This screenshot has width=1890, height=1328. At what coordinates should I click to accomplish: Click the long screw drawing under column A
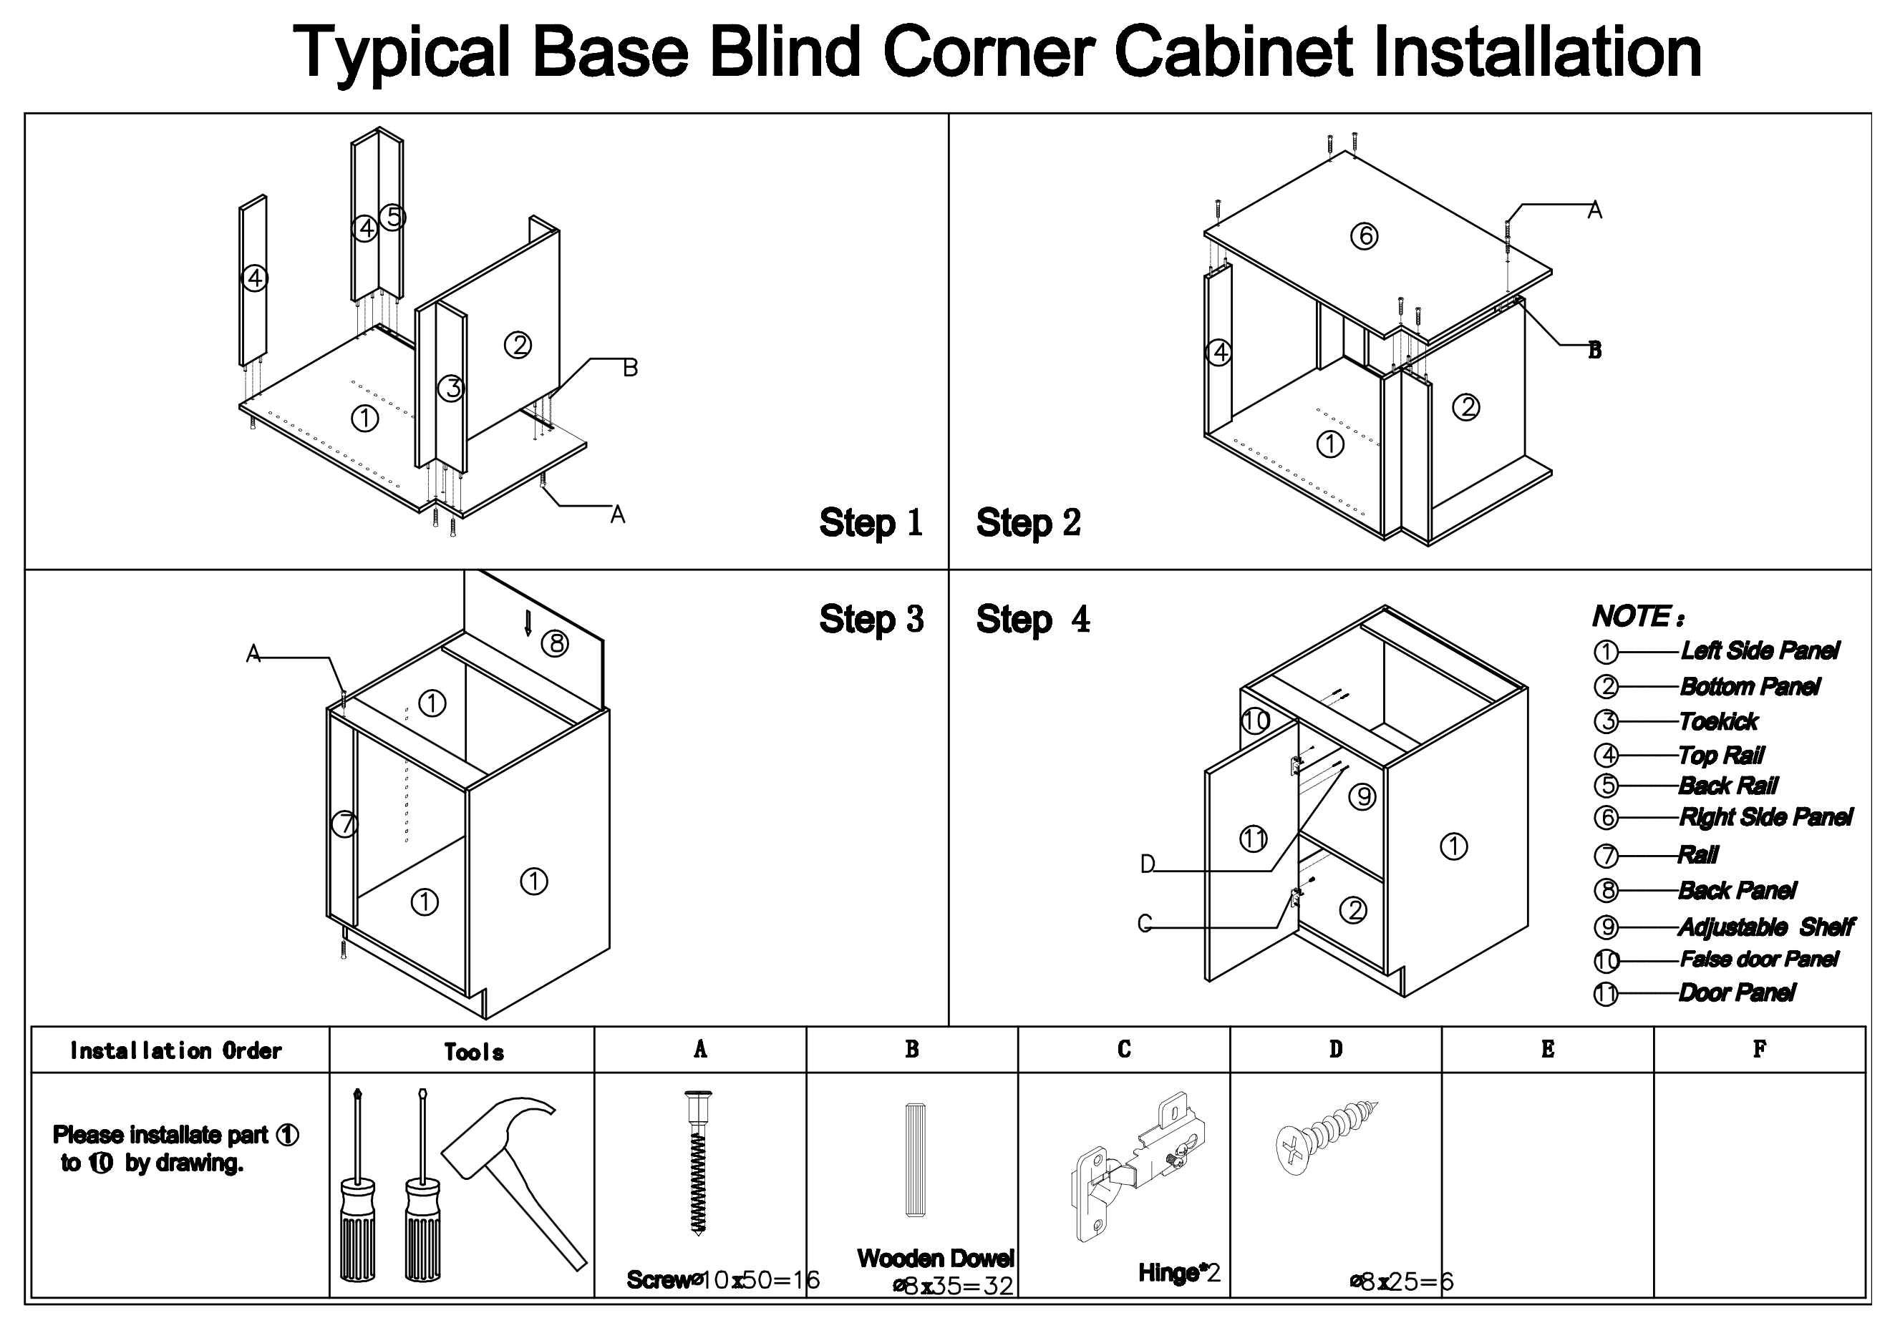pyautogui.click(x=698, y=1160)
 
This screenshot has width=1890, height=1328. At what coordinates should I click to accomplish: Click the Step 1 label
pyautogui.click(x=871, y=523)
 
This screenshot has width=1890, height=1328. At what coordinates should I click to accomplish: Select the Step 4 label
pyautogui.click(x=1033, y=620)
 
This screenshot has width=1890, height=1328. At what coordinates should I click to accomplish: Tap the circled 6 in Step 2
pyautogui.click(x=1364, y=237)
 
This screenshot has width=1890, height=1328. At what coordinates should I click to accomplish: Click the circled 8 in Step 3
pyautogui.click(x=555, y=643)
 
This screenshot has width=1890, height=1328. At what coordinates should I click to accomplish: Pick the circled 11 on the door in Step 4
pyautogui.click(x=1253, y=839)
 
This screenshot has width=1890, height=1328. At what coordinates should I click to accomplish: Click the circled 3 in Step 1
pyautogui.click(x=451, y=388)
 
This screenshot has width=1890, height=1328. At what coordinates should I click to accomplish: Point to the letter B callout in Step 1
pyautogui.click(x=630, y=368)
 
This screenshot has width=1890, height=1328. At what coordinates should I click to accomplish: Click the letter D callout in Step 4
pyautogui.click(x=1147, y=864)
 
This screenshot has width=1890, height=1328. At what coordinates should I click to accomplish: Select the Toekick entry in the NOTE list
pyautogui.click(x=1719, y=721)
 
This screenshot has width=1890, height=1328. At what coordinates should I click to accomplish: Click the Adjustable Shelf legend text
pyautogui.click(x=1765, y=927)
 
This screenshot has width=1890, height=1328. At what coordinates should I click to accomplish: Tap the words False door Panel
pyautogui.click(x=1759, y=960)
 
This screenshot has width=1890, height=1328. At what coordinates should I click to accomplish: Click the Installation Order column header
pyautogui.click(x=176, y=1050)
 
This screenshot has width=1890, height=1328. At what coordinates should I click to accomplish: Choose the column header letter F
pyautogui.click(x=1759, y=1049)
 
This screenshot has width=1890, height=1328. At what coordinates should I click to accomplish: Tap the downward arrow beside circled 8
pyautogui.click(x=528, y=623)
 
